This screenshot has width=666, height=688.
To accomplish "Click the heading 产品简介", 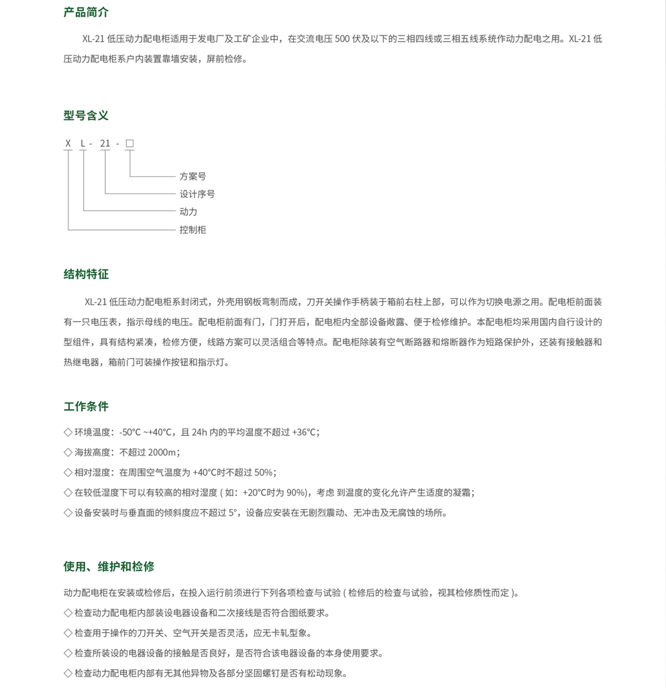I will point(86,12).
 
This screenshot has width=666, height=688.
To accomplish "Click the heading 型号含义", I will point(86,115).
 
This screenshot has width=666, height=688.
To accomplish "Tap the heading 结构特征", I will point(86,274).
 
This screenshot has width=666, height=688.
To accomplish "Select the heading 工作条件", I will point(86,406).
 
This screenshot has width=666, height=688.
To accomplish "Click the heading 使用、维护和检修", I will point(109,567).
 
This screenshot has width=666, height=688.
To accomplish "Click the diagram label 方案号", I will point(192,176).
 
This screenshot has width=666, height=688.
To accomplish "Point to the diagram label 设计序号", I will point(197,194).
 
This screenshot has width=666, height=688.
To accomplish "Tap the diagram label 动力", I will point(188,212).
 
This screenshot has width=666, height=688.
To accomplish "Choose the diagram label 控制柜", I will point(192,230).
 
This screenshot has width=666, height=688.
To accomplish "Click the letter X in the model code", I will point(68,144).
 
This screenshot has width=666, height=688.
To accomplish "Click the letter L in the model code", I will point(83,144).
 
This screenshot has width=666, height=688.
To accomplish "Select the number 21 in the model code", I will point(105,144).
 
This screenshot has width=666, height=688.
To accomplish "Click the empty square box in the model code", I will point(129,144).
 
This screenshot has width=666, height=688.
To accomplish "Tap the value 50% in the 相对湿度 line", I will point(264,473).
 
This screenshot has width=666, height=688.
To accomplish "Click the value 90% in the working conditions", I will point(295,493).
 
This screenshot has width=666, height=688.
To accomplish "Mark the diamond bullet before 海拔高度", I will point(68,453).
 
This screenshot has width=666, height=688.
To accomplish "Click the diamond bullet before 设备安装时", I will point(68,513).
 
